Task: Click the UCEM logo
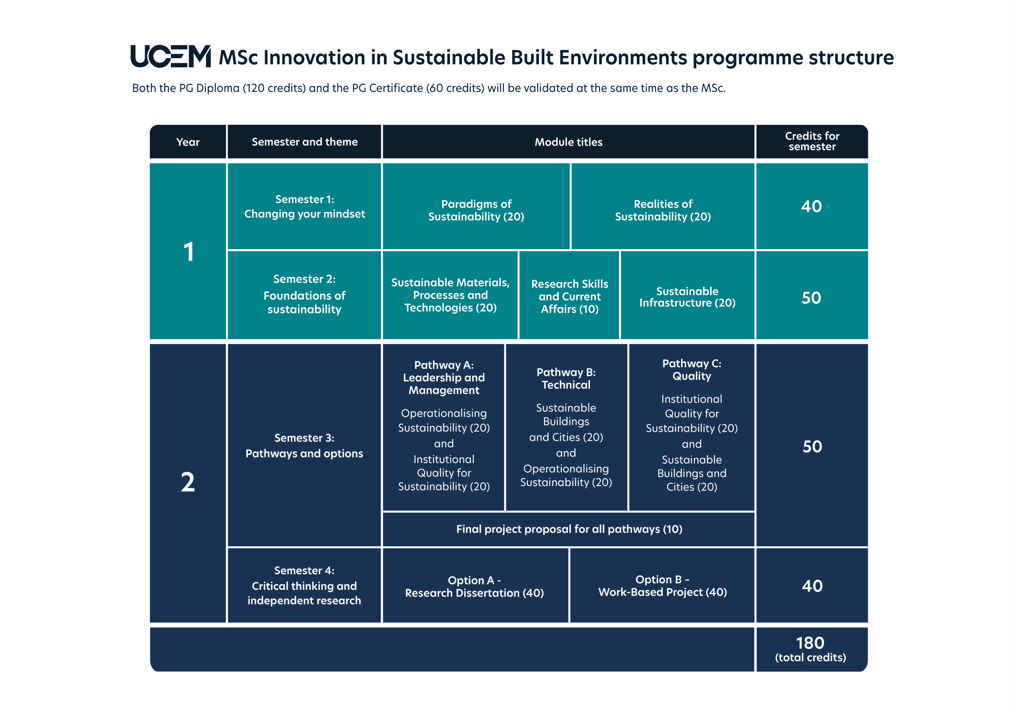coord(170,56)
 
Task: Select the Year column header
coord(188,142)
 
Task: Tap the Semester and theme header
coord(304,142)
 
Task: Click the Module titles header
coord(569,142)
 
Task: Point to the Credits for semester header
coord(812,142)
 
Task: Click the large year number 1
coord(189,252)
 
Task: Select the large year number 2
coord(188,482)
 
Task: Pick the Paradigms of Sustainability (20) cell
coord(476,206)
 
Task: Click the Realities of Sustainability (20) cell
coord(663,206)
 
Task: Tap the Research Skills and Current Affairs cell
coord(569,295)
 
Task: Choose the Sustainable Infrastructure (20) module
coord(688,295)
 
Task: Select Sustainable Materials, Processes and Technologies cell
coord(450,295)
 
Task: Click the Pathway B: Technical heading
coord(566,379)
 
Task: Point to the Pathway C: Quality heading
coord(692,370)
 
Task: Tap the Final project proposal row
coord(569,529)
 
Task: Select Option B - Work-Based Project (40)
coord(662,585)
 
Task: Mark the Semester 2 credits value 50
coord(812,298)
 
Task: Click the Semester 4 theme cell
coord(304,585)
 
